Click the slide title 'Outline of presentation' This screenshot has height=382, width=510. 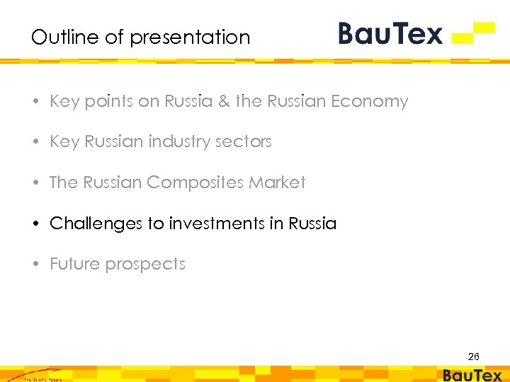pyautogui.click(x=140, y=37)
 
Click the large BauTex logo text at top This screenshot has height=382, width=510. pyautogui.click(x=390, y=33)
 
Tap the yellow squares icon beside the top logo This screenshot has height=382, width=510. pyautogui.click(x=473, y=33)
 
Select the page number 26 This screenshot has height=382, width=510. pyautogui.click(x=473, y=357)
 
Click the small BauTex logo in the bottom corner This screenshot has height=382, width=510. pyautogui.click(x=472, y=376)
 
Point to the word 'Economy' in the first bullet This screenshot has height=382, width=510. pyautogui.click(x=370, y=102)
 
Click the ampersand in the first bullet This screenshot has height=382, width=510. pyautogui.click(x=224, y=102)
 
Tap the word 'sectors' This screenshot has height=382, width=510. pyautogui.click(x=246, y=142)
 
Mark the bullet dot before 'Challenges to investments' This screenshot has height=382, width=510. pyautogui.click(x=36, y=224)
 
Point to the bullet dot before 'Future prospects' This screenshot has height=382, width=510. pyautogui.click(x=36, y=265)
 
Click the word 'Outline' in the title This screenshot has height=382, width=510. pyautogui.click(x=60, y=37)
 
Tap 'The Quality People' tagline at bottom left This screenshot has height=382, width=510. pyautogui.click(x=42, y=379)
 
